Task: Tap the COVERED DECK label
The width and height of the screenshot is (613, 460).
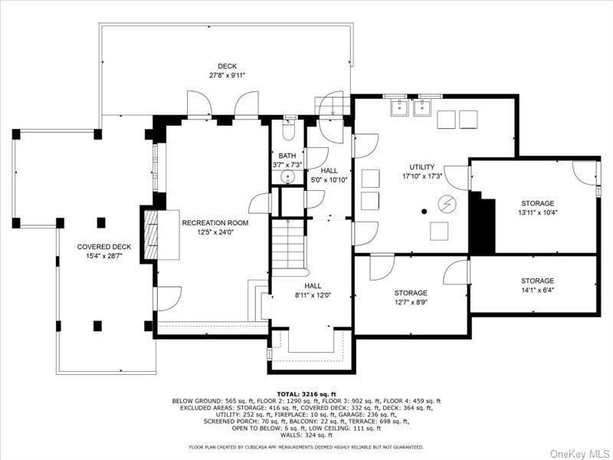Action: tap(104, 247)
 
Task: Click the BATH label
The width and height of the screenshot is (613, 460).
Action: tap(287, 156)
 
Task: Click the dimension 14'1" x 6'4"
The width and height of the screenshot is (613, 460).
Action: tap(537, 291)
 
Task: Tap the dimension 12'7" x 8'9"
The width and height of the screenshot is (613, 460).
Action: tap(411, 302)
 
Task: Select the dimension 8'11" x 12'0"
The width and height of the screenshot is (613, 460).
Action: tap(313, 294)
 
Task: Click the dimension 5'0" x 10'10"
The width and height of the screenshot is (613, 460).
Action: tap(329, 180)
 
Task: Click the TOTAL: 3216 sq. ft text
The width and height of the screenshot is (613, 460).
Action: tap(306, 393)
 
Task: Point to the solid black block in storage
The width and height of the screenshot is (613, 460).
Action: tap(483, 223)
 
